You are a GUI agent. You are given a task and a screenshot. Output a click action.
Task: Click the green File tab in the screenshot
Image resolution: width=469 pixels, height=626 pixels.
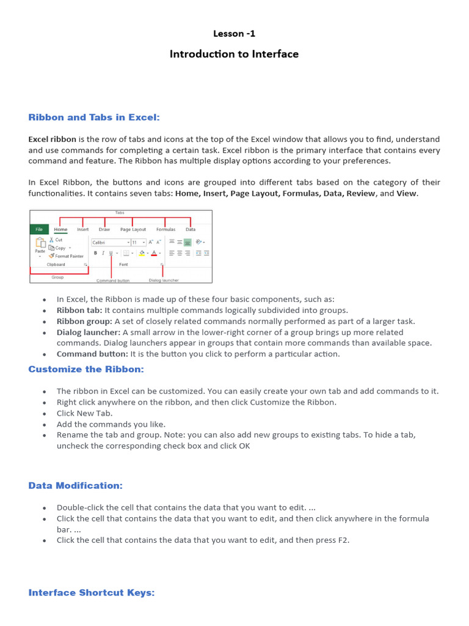point(39,229)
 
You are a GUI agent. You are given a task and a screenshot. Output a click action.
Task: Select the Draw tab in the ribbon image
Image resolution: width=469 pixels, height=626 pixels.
point(104,229)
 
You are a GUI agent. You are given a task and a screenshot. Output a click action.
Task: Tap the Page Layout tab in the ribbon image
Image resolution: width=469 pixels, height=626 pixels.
point(133,229)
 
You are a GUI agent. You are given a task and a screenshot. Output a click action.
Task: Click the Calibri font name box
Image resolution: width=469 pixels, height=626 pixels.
point(110,242)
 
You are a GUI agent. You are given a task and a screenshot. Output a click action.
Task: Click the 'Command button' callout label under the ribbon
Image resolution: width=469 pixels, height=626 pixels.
point(111,281)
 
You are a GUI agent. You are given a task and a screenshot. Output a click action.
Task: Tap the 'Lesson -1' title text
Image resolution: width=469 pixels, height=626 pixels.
point(234,34)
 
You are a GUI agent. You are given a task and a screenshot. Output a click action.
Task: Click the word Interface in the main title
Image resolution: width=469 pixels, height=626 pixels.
point(275,54)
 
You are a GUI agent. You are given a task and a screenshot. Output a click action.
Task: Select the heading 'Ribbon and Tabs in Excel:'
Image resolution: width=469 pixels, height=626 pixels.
point(94,117)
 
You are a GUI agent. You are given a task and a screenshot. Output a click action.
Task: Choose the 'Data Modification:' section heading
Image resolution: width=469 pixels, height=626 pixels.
point(76,485)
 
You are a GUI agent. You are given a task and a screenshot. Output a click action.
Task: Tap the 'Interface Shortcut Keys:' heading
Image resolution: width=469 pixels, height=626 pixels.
point(92,592)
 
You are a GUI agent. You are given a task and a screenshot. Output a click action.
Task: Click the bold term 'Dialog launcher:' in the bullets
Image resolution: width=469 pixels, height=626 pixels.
point(88,332)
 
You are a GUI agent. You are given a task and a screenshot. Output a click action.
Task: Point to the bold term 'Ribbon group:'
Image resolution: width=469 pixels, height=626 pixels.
point(84,321)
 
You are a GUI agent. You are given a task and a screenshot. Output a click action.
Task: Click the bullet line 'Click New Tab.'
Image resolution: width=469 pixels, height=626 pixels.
point(84,413)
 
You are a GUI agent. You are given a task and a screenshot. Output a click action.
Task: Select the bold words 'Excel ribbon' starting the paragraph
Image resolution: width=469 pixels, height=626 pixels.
point(52,139)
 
